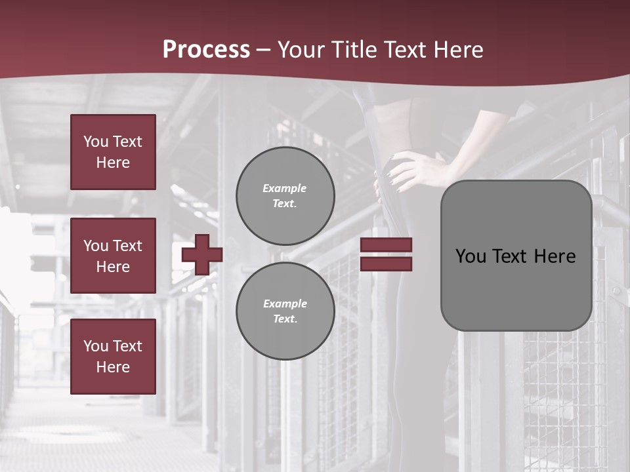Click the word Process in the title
point(206,50)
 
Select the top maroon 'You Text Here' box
point(113,152)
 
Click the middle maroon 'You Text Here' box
point(113,256)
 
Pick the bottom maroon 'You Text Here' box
point(113,356)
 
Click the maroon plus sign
point(202,254)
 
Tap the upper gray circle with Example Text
point(285,196)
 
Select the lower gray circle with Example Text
point(285,311)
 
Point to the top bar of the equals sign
point(387,245)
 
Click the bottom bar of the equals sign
point(387,264)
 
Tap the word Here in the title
point(458,50)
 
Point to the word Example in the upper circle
point(284,188)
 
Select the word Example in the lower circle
point(285,304)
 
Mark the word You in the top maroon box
point(96,142)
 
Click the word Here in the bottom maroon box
point(113,367)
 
